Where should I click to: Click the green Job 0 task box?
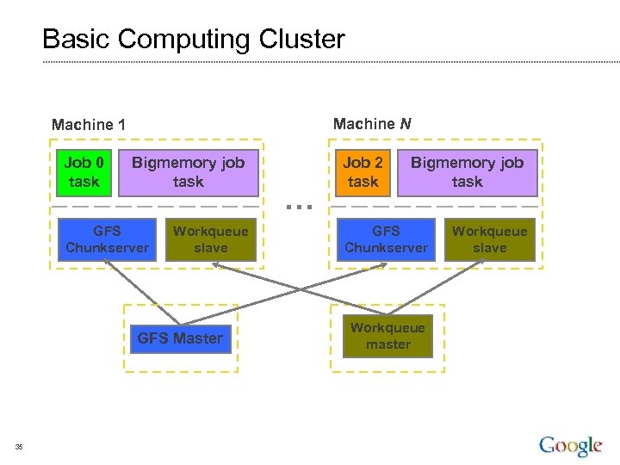click(84, 172)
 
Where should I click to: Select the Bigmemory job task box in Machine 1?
click(188, 172)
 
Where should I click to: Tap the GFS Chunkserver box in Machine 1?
click(107, 239)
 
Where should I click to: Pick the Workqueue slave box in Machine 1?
click(210, 239)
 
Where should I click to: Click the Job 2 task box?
click(363, 172)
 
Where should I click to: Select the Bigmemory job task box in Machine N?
click(467, 172)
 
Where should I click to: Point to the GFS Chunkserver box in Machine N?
click(386, 239)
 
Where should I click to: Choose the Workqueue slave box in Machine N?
click(489, 239)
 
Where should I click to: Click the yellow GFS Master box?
click(179, 338)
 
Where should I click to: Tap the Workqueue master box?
click(387, 337)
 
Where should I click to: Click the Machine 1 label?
click(89, 125)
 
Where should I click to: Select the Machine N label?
click(372, 124)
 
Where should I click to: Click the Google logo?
click(570, 445)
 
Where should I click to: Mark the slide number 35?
click(19, 446)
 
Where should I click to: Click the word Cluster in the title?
click(301, 40)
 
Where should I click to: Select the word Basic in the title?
click(77, 40)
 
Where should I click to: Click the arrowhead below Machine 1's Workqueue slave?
click(218, 266)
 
